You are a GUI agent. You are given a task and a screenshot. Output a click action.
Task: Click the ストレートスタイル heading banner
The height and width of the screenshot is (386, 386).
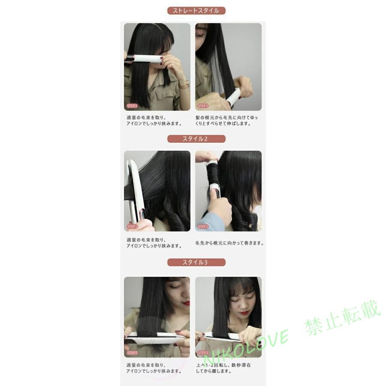(x=196, y=11)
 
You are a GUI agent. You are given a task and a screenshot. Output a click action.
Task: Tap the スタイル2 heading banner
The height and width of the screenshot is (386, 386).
(x=196, y=139)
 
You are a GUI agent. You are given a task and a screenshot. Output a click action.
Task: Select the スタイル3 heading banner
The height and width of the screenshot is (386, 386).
(x=196, y=262)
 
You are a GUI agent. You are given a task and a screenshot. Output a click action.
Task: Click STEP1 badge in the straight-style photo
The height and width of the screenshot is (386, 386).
(x=132, y=106)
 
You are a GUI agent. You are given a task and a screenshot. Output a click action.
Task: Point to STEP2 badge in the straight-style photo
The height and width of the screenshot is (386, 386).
(x=203, y=106)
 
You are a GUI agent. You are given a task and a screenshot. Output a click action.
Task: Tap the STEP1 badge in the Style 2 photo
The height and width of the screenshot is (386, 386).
(x=132, y=226)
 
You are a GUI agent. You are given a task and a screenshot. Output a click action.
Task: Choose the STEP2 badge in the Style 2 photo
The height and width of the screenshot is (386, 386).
(x=203, y=226)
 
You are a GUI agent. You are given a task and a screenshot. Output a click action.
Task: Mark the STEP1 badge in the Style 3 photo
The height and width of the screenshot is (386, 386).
(x=132, y=353)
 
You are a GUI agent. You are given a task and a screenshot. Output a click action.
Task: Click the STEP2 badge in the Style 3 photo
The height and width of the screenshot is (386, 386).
(x=203, y=353)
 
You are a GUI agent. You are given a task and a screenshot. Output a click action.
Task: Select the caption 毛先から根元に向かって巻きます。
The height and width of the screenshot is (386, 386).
(x=229, y=243)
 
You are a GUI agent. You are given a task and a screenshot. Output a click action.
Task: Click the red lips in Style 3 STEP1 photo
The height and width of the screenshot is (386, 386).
(x=185, y=303)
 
